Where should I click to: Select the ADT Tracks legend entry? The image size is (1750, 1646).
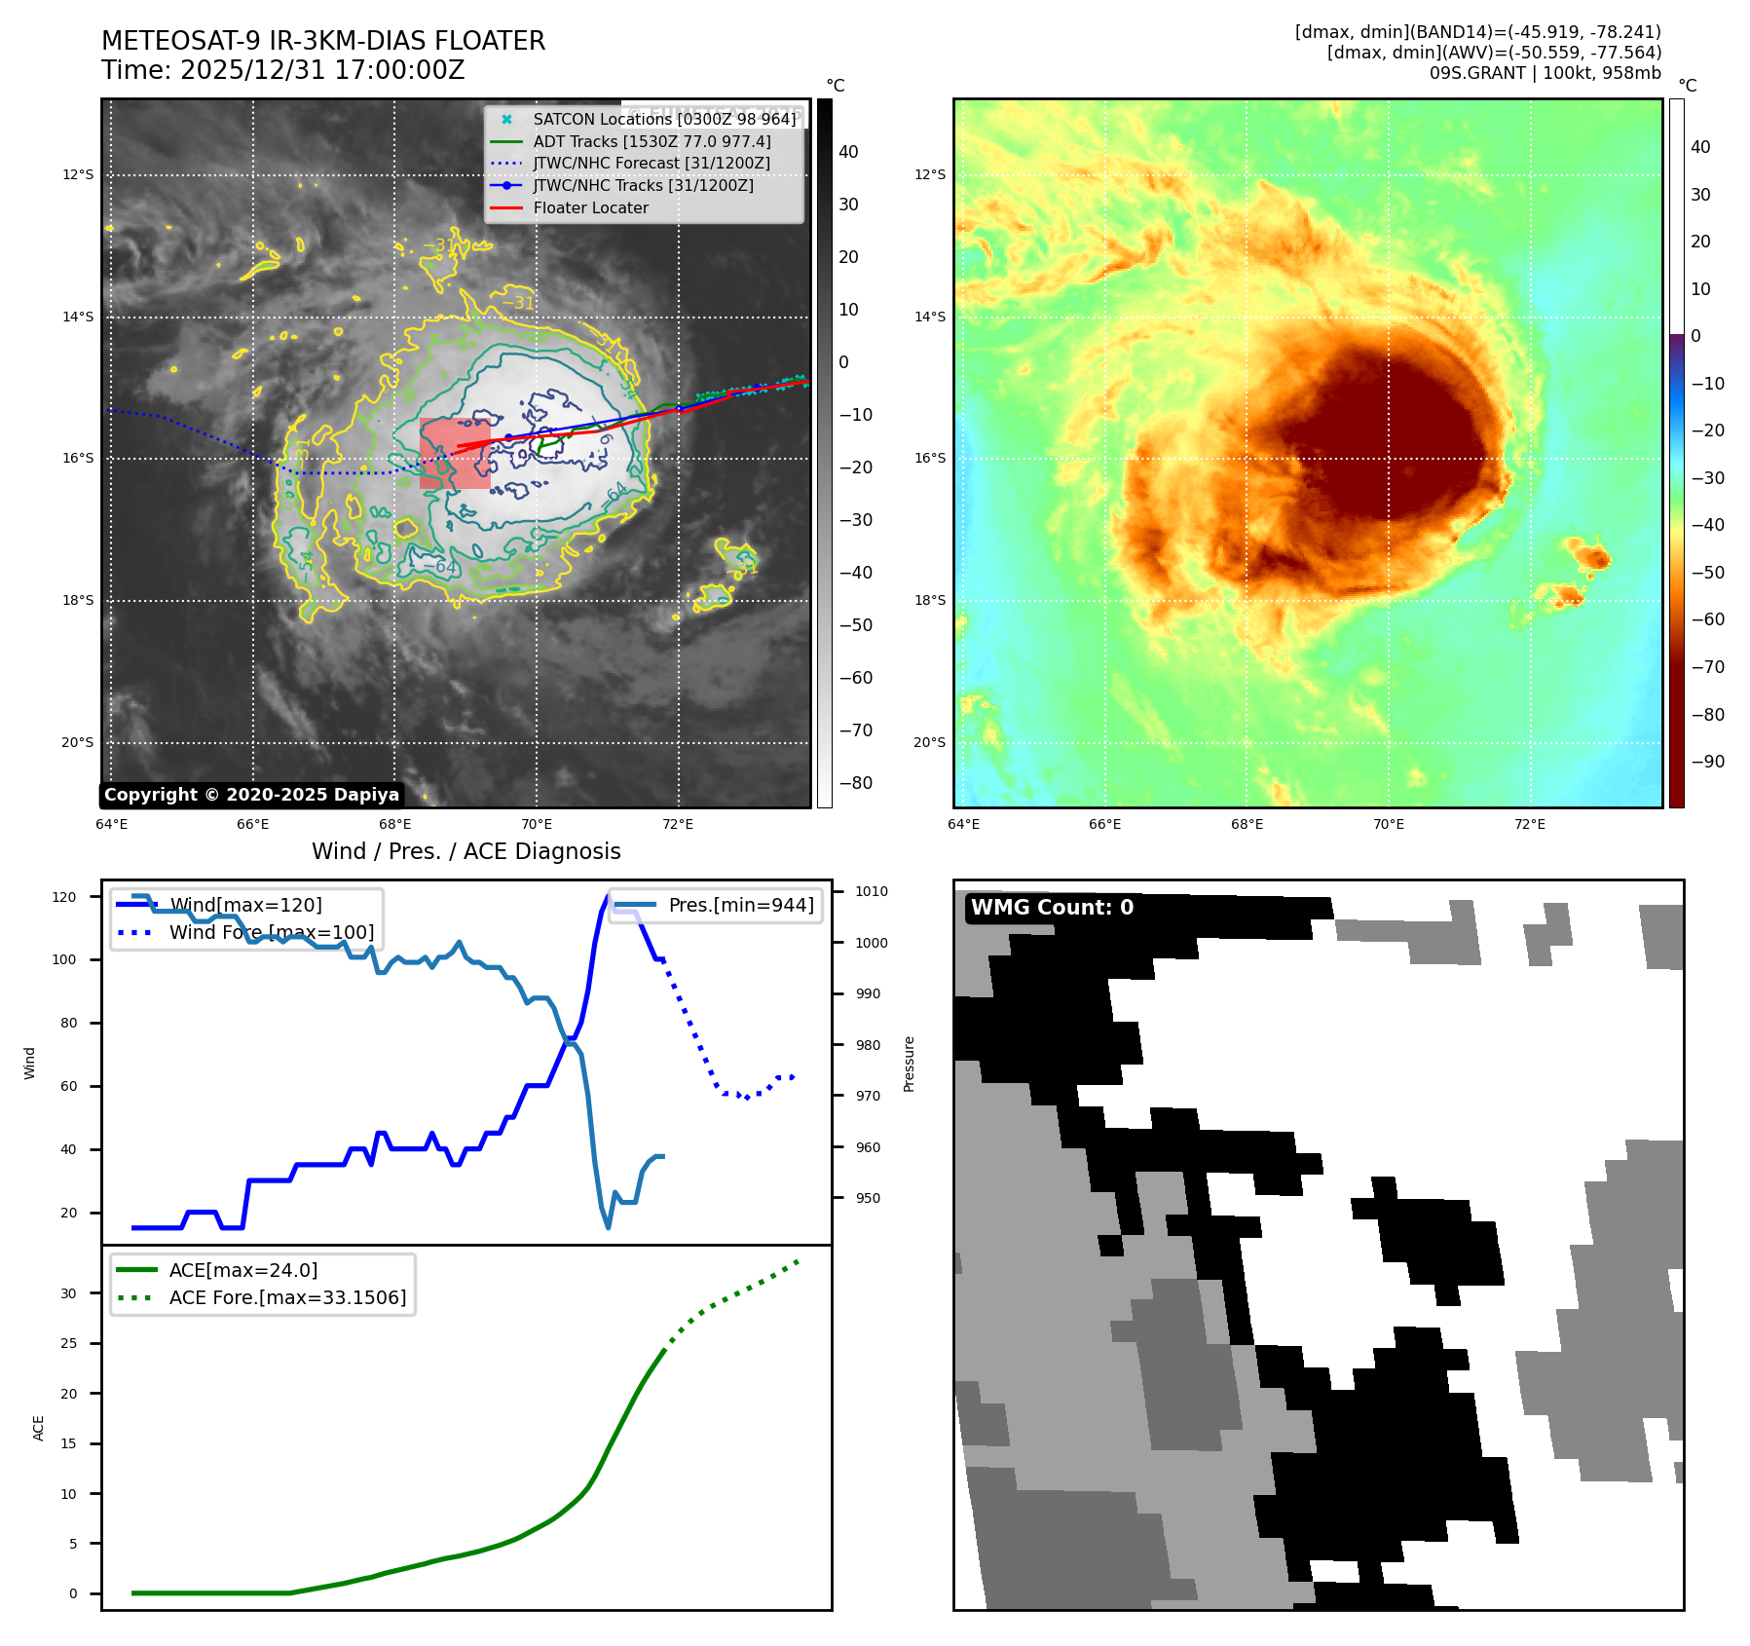pyautogui.click(x=652, y=141)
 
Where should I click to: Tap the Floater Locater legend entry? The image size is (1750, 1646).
pyautogui.click(x=590, y=207)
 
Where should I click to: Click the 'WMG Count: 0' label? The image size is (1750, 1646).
pyautogui.click(x=1052, y=908)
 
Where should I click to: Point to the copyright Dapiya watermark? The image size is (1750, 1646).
pyautogui.click(x=251, y=795)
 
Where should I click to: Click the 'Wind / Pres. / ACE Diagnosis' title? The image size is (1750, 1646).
pyautogui.click(x=465, y=851)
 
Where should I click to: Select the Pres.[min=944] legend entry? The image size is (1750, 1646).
pyautogui.click(x=740, y=905)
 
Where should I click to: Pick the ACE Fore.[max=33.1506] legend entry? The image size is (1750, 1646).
pyautogui.click(x=287, y=1297)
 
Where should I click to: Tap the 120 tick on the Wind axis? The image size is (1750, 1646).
pyautogui.click(x=64, y=897)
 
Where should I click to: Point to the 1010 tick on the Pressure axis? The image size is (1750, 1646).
pyautogui.click(x=872, y=891)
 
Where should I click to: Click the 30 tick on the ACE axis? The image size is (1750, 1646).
pyautogui.click(x=68, y=1293)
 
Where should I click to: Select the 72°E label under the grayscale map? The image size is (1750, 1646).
pyautogui.click(x=678, y=824)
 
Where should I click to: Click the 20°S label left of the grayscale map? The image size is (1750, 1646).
pyautogui.click(x=78, y=742)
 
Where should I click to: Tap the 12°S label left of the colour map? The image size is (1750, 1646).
pyautogui.click(x=929, y=174)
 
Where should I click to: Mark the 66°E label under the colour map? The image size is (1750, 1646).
pyautogui.click(x=1104, y=824)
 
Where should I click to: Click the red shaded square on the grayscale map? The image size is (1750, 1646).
pyautogui.click(x=455, y=453)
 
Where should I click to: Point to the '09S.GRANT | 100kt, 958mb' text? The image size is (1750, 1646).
pyautogui.click(x=1545, y=73)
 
